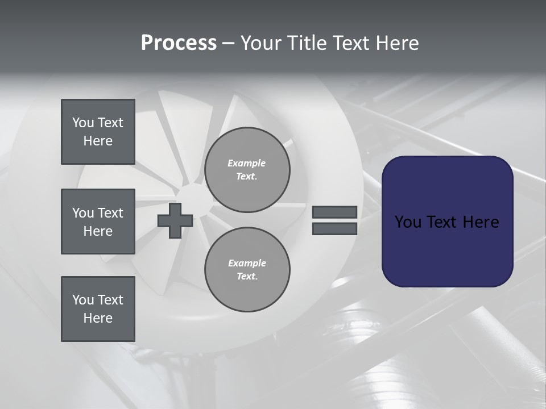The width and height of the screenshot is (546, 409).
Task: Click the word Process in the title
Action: click(179, 43)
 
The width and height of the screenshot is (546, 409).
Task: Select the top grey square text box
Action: click(98, 132)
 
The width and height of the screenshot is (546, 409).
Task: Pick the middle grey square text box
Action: click(98, 222)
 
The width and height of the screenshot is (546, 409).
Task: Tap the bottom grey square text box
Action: click(98, 309)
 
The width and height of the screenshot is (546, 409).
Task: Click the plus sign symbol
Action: click(175, 221)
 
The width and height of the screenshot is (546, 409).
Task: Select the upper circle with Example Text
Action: click(247, 170)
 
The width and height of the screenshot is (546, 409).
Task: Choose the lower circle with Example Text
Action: click(247, 270)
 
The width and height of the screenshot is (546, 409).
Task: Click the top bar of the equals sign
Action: click(334, 212)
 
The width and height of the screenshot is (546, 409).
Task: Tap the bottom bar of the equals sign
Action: click(334, 229)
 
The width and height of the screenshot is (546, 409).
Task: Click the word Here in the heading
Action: click(396, 43)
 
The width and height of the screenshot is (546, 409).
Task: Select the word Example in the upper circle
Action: click(246, 163)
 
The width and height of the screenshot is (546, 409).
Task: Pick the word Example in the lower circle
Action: click(247, 263)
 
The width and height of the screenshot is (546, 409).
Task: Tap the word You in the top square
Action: click(82, 123)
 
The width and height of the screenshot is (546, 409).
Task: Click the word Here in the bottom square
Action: click(98, 318)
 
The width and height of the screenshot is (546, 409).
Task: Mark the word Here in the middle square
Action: click(98, 231)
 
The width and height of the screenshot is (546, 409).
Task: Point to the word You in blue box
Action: click(408, 222)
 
